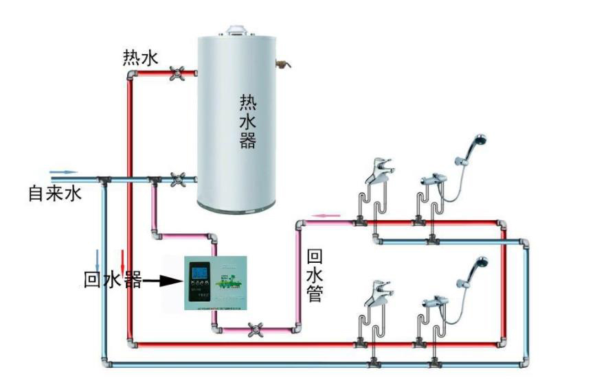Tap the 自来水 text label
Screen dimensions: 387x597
pos(55,193)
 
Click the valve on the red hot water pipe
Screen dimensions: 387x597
pos(177,73)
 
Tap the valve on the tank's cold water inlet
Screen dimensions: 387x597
pos(178,179)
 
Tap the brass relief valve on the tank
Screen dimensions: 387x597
pos(282,65)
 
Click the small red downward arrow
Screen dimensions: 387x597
pos(123,260)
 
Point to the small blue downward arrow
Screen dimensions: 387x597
pos(98,259)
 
